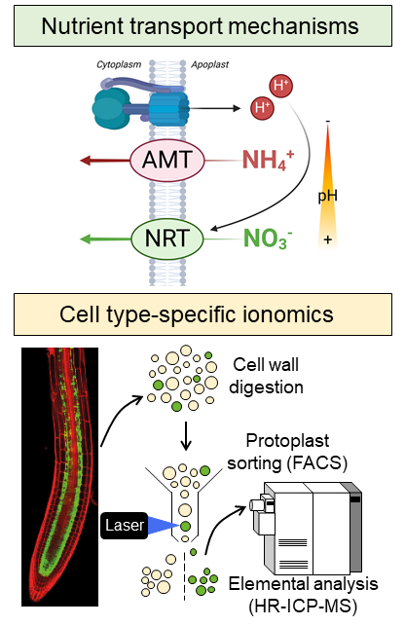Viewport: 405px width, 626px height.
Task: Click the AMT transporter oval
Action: point(167,161)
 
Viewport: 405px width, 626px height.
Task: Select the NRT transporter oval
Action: point(167,239)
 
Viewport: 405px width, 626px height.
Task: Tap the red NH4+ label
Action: point(268,160)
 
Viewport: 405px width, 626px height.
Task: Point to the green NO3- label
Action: point(268,239)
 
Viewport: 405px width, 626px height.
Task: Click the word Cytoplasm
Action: point(119,64)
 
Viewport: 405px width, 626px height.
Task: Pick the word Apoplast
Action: point(209,64)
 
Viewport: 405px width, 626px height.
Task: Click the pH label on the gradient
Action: point(327,196)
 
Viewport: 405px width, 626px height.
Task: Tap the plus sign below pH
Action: point(328,239)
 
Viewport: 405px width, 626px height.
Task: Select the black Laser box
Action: point(124,526)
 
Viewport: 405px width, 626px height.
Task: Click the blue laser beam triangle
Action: point(163,526)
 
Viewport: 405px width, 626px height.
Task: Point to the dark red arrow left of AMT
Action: point(105,161)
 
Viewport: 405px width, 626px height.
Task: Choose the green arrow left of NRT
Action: point(105,239)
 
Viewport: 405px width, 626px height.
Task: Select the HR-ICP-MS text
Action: point(303,607)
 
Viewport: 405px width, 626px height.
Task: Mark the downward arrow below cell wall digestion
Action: point(186,436)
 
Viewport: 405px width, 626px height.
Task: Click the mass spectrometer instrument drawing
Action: point(306,528)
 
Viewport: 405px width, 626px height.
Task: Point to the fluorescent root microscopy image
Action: point(59,477)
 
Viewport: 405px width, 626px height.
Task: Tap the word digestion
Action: point(266,387)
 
